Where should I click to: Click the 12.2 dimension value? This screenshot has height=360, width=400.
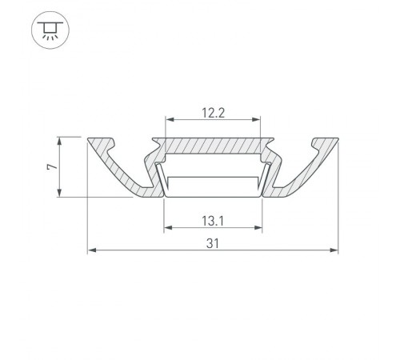tap(213, 113)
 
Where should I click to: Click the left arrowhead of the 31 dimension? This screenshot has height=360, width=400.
tap(90, 250)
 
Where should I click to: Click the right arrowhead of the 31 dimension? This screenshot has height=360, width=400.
tap(334, 250)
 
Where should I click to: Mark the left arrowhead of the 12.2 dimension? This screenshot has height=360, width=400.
tap(168, 122)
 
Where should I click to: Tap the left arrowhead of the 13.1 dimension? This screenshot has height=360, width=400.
tap(166, 228)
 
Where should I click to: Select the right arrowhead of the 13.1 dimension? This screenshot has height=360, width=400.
tap(259, 228)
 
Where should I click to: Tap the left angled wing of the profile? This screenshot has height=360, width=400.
tap(120, 169)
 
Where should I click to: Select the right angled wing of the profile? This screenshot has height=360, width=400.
tap(306, 169)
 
